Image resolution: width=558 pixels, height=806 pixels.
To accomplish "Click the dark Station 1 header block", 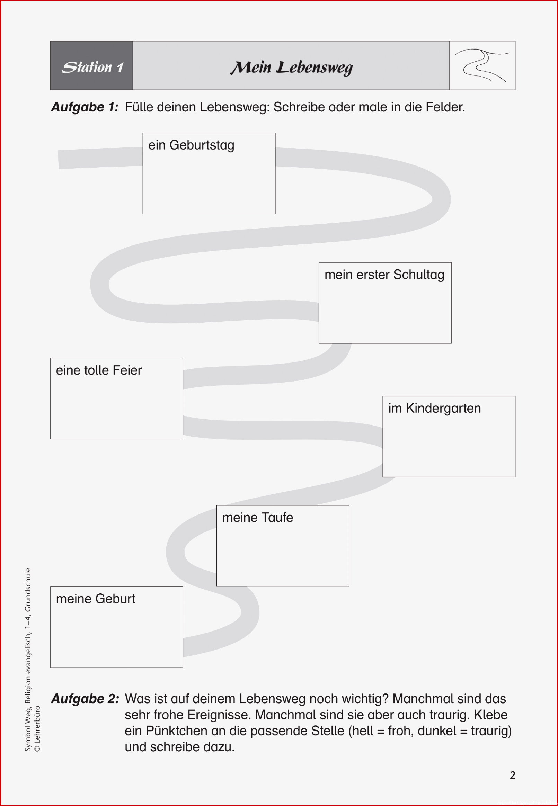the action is coord(91,65).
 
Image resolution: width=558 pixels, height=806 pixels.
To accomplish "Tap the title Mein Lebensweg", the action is coord(291,68).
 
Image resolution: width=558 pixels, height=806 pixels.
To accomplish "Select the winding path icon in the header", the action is coord(482,65).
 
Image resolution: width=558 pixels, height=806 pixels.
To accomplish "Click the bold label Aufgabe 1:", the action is coord(85,107).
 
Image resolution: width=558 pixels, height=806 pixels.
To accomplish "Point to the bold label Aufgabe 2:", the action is coord(85,698).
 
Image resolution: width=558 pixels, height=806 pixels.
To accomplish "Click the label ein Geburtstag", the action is coord(191,145).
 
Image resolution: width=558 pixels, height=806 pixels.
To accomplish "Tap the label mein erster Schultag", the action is coord(384,275).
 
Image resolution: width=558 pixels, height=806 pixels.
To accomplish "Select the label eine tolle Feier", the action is coord(99,370).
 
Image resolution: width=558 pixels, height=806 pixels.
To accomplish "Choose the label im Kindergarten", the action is coord(435,408).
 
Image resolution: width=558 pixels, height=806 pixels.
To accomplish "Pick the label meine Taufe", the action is coord(258,517).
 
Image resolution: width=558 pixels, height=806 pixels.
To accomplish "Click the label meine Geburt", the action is coord(96,599).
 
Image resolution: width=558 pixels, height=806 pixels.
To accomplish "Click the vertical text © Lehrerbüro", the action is coord(37,728).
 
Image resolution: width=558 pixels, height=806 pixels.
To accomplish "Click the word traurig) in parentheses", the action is coord(491,731).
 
